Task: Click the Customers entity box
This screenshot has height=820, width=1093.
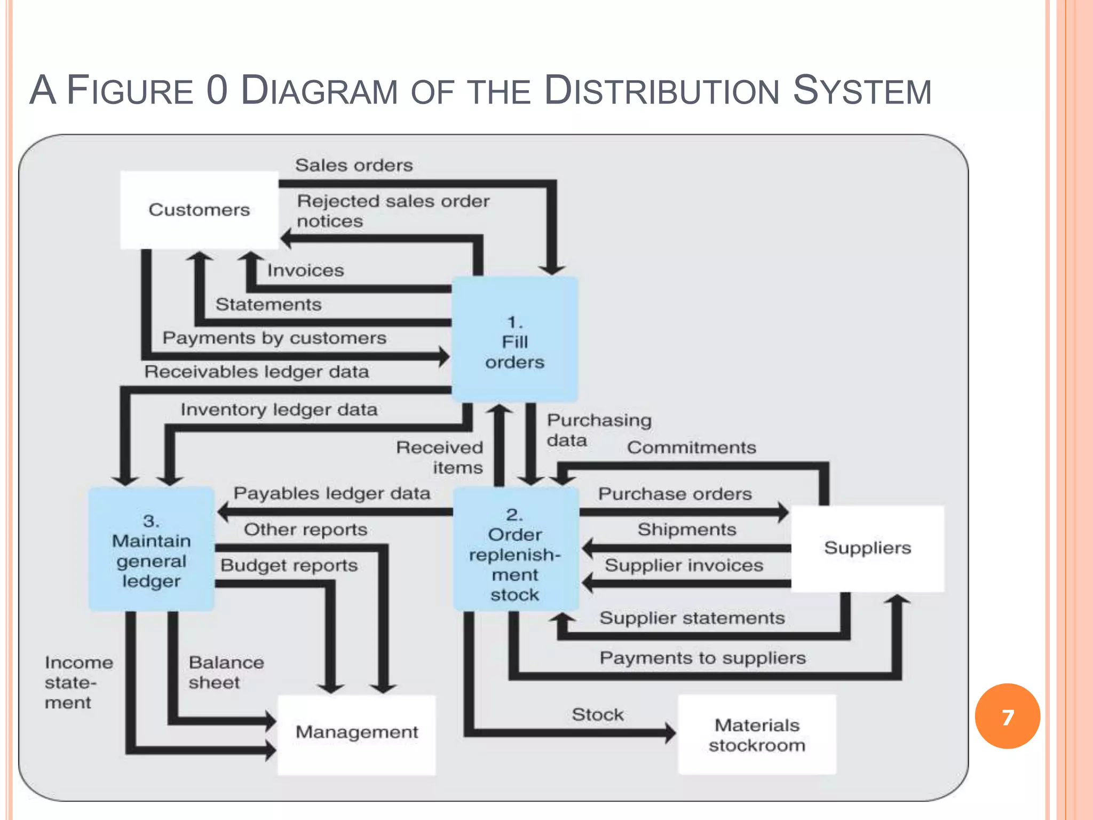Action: click(199, 210)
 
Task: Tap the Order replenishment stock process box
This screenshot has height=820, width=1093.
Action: click(515, 550)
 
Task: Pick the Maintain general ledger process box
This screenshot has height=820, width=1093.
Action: click(151, 550)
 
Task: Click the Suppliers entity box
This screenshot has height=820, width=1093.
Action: click(867, 548)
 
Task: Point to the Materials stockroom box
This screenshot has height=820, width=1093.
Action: click(757, 735)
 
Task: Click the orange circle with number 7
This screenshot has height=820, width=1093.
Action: click(1007, 716)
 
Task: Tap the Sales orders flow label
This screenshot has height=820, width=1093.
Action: click(354, 165)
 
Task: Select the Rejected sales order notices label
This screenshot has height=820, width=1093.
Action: click(392, 211)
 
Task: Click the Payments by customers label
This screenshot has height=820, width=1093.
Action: click(274, 338)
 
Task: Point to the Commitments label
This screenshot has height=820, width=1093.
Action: click(691, 447)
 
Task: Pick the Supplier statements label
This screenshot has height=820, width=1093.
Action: click(692, 618)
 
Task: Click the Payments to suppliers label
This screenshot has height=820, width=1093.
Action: click(702, 658)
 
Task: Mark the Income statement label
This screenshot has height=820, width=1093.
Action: click(78, 682)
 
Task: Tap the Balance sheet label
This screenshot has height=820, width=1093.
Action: click(226, 672)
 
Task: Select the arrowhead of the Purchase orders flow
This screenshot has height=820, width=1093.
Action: click(783, 512)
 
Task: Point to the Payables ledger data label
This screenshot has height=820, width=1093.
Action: click(331, 493)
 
